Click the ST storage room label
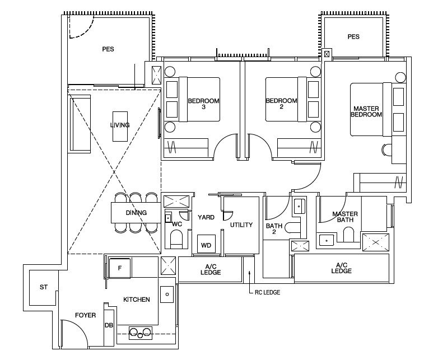coord(44,287)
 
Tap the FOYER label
coord(85,315)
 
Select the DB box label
coord(109,325)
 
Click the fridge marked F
coord(120,268)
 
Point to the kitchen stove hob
coord(141,333)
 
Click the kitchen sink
coord(167,294)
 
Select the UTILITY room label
coord(241,225)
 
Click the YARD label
coord(206,217)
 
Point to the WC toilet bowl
coord(177,240)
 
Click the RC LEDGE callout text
coord(267,292)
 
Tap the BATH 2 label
coord(274,228)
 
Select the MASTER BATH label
coord(345,217)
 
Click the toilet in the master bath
coord(348,235)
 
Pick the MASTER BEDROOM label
coord(366,111)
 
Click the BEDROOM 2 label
coord(281,104)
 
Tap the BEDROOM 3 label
coord(203,104)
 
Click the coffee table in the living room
coord(120,127)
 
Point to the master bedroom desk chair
coord(385,149)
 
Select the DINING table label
coord(136,213)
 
